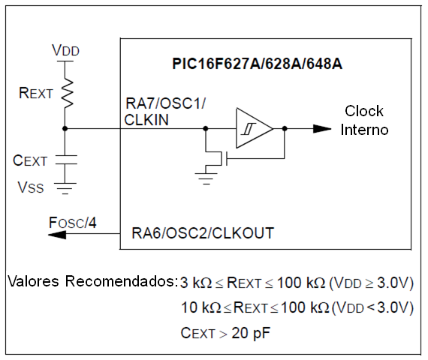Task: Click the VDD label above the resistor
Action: click(x=65, y=50)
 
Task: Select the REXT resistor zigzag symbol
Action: click(x=67, y=93)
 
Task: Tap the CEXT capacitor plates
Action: click(x=66, y=160)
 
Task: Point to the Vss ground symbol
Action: click(x=65, y=188)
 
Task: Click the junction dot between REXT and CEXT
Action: click(x=65, y=128)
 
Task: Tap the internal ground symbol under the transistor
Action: click(x=206, y=178)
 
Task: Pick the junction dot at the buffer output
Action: click(x=285, y=128)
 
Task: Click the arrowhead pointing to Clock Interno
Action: click(x=322, y=129)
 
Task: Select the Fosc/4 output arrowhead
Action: click(x=57, y=234)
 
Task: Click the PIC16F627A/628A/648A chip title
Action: click(x=257, y=64)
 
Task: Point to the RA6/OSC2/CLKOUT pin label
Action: click(x=203, y=233)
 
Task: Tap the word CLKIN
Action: click(x=146, y=120)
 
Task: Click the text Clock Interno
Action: click(x=364, y=120)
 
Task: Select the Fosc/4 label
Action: click(x=73, y=223)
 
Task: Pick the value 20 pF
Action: click(x=251, y=333)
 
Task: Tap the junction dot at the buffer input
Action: click(x=206, y=128)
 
